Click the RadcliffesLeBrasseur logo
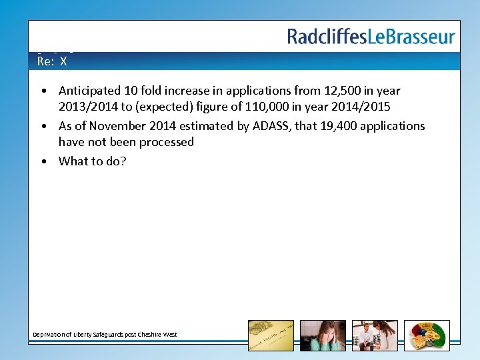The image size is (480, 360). (x=371, y=37)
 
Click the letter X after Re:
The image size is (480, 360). (x=63, y=61)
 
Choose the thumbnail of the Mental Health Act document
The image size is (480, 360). (x=270, y=335)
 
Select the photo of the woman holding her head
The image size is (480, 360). (x=323, y=335)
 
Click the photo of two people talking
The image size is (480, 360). (x=375, y=335)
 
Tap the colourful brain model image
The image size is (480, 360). (x=427, y=335)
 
